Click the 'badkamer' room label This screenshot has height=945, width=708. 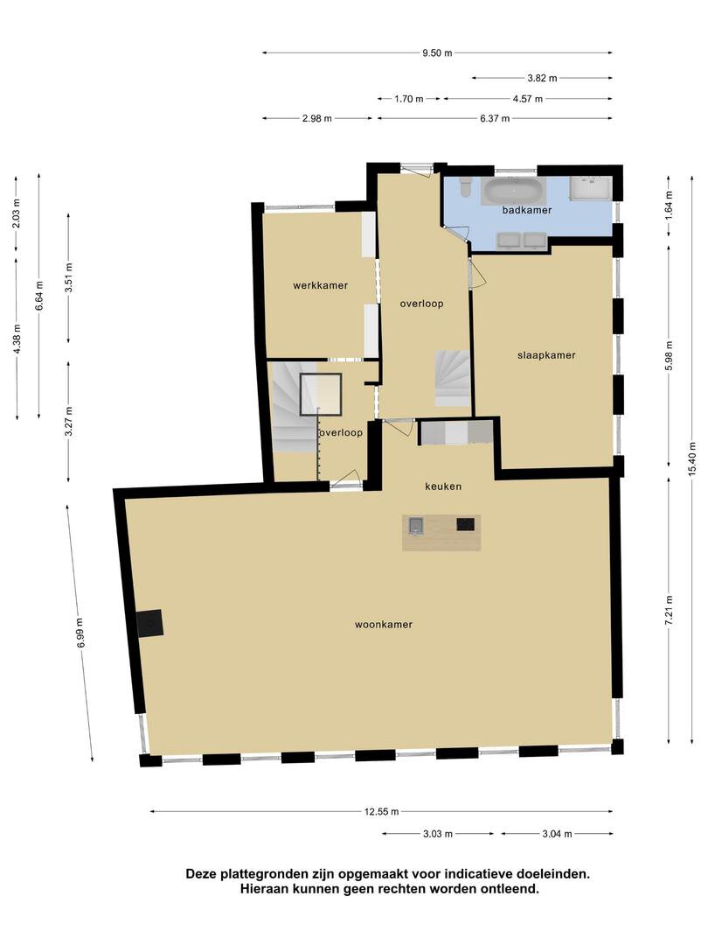[x=527, y=210]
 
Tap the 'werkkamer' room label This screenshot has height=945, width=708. [x=320, y=285]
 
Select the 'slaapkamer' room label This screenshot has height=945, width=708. [x=546, y=355]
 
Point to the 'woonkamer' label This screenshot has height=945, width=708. [x=384, y=625]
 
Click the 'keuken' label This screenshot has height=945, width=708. [x=443, y=486]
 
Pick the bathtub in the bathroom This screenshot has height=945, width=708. [x=515, y=191]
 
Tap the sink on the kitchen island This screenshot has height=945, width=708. [x=415, y=526]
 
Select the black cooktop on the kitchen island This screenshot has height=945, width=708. [x=465, y=524]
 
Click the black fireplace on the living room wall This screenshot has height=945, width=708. [x=149, y=622]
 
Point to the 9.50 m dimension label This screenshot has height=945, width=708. [x=437, y=53]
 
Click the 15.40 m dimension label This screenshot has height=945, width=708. [x=691, y=458]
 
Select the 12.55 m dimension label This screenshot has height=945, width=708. [x=382, y=812]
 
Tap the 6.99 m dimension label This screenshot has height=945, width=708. [x=80, y=633]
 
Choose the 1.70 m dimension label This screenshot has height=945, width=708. [x=409, y=99]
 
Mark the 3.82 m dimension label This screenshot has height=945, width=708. [x=543, y=78]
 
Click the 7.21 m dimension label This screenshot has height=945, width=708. [x=669, y=610]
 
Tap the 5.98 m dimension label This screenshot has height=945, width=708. [x=669, y=356]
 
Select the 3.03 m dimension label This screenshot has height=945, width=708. [x=438, y=834]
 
